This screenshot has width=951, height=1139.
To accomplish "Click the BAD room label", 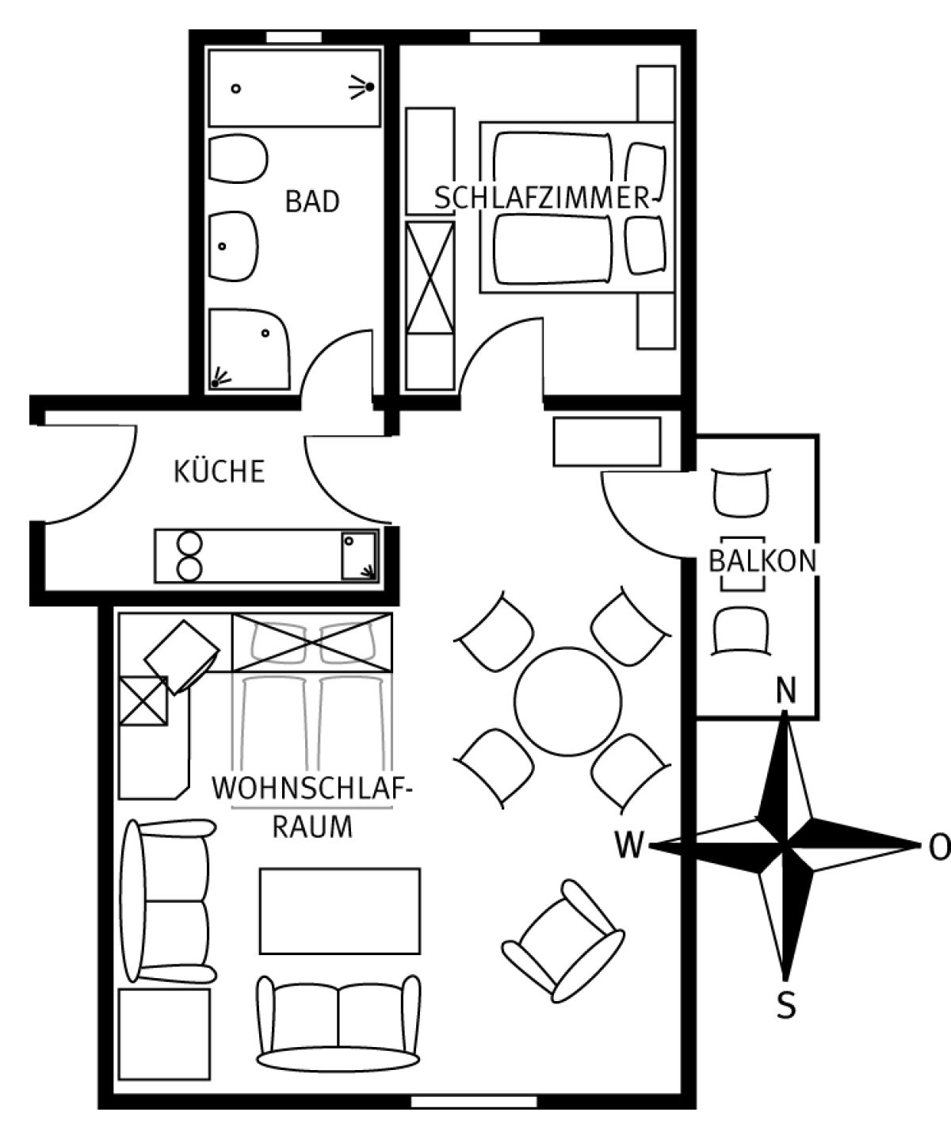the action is tap(312, 201).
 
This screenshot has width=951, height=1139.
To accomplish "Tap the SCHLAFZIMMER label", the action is tap(542, 197).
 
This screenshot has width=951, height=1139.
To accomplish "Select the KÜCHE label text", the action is tap(220, 471).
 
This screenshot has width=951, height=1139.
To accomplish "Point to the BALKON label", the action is tap(762, 560).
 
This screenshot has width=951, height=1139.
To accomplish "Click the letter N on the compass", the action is tap(785, 690).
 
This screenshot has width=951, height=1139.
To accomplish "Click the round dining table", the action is tap(567, 701).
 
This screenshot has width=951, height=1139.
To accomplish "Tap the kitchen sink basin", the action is tap(359, 556).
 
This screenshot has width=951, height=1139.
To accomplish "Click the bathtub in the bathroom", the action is tap(294, 89).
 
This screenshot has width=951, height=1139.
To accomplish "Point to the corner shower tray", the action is tap(250, 350).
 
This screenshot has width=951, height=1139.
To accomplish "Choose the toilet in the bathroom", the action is tap(238, 159).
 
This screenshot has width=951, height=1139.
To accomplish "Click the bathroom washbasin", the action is tap(233, 246).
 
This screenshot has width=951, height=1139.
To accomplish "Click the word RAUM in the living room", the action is tap(312, 827).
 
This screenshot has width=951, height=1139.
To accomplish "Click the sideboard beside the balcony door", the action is tap(607, 441).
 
